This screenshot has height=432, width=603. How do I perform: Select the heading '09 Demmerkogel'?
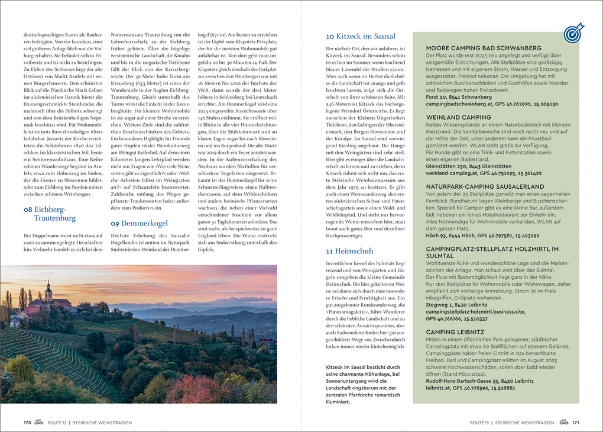tap(140, 223)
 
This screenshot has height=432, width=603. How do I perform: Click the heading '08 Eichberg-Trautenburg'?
tap(50, 214)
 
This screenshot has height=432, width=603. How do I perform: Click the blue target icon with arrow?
tap(573, 33)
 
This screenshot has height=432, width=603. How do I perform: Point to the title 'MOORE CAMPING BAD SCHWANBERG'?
tap(484, 48)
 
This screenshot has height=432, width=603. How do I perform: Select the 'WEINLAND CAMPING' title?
tap(459, 117)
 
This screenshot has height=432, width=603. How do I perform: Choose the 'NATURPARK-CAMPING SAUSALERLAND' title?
tap(485, 186)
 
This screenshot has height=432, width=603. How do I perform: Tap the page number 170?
tap(27, 423)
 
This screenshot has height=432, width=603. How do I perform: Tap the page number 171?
tap(575, 423)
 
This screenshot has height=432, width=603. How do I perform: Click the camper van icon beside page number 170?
tap(40, 423)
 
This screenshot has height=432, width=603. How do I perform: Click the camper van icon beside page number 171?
tap(563, 423)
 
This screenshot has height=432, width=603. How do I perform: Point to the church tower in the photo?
tap(48, 291)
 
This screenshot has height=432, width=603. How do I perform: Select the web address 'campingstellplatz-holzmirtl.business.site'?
tap(475, 311)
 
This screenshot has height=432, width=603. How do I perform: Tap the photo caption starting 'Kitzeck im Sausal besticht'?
tap(362, 383)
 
